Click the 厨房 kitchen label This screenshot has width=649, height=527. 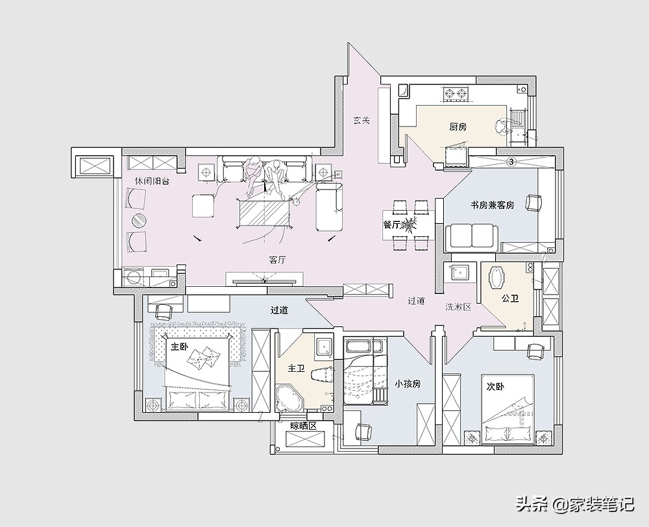458,127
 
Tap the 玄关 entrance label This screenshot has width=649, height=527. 361,121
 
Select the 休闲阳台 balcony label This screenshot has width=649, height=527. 152,181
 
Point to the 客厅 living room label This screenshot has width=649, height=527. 277,260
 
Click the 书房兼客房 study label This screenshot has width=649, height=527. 492,205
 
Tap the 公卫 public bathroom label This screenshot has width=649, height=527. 510,298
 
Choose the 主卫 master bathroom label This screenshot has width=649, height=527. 297,368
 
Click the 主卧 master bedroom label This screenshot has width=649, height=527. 180,347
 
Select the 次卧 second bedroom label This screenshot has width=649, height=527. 495,387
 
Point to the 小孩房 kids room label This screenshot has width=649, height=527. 408,384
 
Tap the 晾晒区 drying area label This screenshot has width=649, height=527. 303,426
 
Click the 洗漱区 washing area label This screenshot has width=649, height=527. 458,307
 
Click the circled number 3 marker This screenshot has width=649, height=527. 511,162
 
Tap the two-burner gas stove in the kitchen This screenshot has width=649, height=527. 455,94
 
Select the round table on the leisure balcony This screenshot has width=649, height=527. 139,221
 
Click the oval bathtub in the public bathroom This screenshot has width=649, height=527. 496,277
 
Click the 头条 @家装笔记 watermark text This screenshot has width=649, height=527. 574,504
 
